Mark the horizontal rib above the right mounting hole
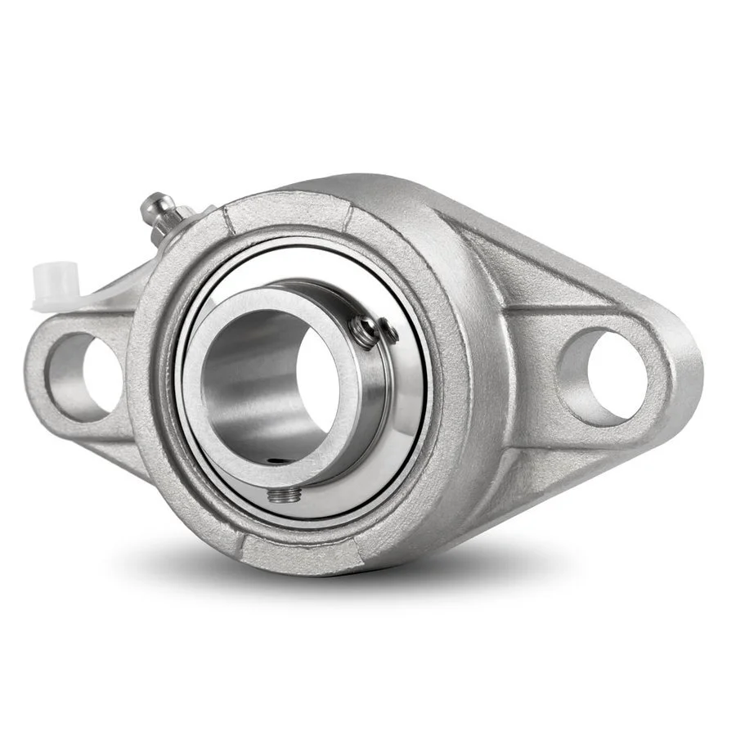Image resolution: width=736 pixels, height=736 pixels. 564,312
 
